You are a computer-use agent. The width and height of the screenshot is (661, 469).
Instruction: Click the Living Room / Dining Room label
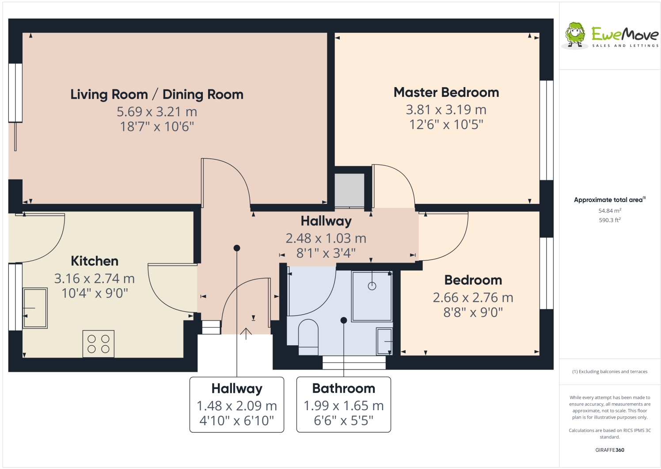tap(157, 95)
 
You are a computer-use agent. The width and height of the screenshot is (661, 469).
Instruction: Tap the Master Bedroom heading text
tap(446, 92)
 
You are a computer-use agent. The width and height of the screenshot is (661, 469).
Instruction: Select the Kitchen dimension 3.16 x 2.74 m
tap(94, 278)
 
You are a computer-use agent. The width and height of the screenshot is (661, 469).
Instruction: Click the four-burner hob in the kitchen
tap(99, 344)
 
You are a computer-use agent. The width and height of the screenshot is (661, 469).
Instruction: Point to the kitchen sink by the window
tap(35, 308)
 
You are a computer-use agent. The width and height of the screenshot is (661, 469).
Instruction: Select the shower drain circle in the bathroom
tap(372, 286)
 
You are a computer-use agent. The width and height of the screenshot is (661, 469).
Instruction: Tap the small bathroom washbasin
tap(384, 341)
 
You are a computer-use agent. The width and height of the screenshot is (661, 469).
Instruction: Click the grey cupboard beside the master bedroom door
tap(349, 190)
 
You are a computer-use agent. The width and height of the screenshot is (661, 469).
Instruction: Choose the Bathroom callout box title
tap(343, 389)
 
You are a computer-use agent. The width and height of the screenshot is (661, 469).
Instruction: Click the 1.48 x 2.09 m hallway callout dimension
tap(237, 406)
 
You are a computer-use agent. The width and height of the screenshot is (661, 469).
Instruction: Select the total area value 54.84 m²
tap(610, 211)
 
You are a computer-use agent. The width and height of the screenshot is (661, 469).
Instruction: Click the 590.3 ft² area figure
tap(610, 220)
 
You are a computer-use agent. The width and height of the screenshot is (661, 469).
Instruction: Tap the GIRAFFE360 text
tap(610, 450)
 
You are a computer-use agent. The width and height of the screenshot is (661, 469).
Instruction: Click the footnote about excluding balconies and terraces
tap(610, 372)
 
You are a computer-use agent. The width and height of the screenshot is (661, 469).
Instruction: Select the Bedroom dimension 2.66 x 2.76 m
tap(473, 297)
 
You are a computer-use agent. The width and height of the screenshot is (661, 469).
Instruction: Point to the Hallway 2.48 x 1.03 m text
tap(326, 238)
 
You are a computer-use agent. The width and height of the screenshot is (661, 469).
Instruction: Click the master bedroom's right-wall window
tap(547, 130)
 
